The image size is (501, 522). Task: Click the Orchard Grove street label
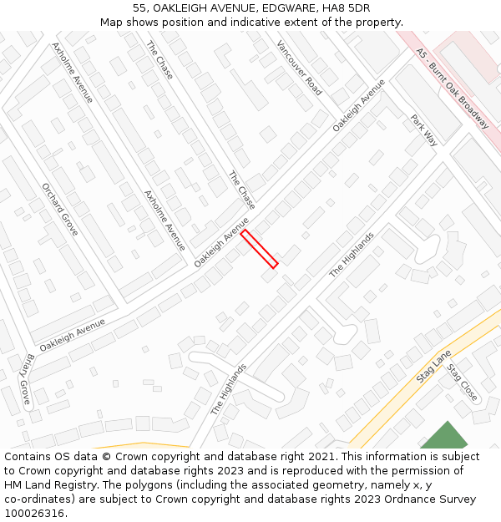point(59,209)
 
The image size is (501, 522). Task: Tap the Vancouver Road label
point(299,68)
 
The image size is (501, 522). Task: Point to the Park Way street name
point(424,130)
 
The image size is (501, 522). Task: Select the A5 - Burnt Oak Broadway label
point(452,88)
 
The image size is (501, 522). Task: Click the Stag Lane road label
point(433,367)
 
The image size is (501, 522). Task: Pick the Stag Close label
point(462,383)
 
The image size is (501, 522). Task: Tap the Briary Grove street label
point(24,379)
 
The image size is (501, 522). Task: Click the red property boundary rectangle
point(259,249)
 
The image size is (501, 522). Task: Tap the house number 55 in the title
point(141,8)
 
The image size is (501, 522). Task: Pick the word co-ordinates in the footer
point(39,499)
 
